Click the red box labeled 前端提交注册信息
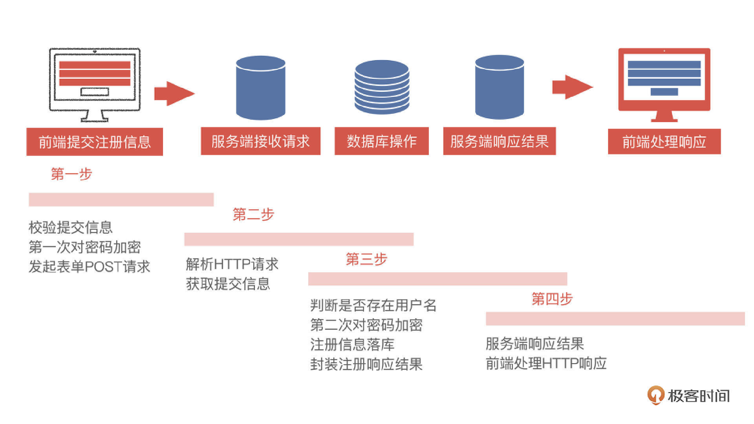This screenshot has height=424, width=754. tap(95, 142)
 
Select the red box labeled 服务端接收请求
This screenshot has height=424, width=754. tap(260, 141)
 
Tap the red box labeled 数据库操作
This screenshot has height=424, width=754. tap(381, 141)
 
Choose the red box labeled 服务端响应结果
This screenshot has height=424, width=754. tap(499, 141)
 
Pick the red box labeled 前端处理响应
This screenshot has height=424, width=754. tap(664, 142)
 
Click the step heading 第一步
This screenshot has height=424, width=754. tap(71, 174)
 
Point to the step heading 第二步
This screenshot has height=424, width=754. tap(253, 214)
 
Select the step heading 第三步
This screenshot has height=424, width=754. tap(366, 259)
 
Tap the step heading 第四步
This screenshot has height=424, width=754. tap(552, 299)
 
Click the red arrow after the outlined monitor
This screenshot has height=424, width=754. tap(174, 93)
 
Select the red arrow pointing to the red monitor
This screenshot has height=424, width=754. tap(572, 87)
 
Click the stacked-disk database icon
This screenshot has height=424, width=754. tap(382, 87)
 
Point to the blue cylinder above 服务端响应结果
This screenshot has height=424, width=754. tap(499, 87)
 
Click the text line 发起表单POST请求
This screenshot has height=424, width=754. tap(90, 267)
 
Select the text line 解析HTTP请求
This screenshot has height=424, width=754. tap(232, 264)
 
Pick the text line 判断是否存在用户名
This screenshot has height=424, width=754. tap(373, 305)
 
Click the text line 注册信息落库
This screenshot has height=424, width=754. tap(352, 345)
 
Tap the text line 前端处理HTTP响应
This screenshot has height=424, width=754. tap(546, 364)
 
